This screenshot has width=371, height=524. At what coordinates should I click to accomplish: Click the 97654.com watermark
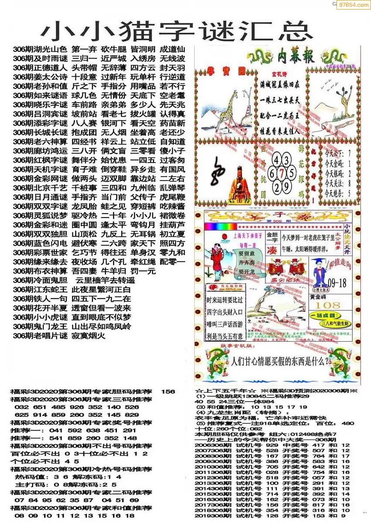tap(354, 5)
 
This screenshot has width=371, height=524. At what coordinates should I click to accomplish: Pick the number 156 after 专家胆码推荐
tap(168, 391)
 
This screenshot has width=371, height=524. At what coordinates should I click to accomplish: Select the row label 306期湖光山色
tap(40, 49)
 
